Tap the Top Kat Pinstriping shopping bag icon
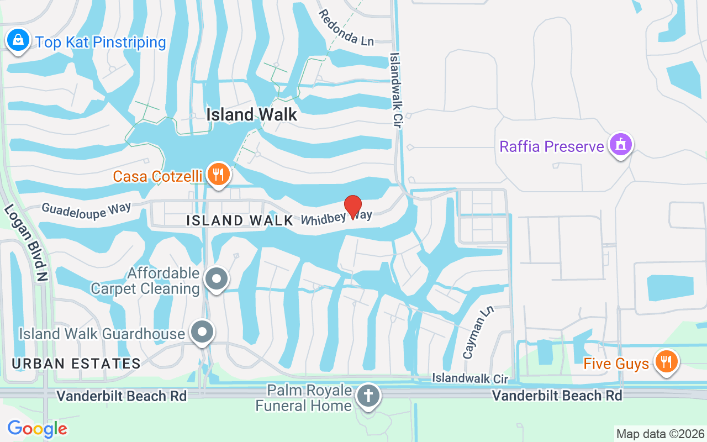tap(18, 40)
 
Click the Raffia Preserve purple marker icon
tap(620, 145)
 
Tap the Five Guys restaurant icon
tap(667, 362)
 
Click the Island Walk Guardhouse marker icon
tap(202, 333)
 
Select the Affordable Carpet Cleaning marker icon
tap(217, 279)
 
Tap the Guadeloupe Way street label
tap(86, 210)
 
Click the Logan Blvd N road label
tap(25, 243)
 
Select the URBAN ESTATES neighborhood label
tap(76, 364)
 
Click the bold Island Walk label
tap(252, 114)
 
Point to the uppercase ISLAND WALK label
tap(240, 220)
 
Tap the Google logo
tap(37, 429)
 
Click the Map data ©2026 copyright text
tap(660, 434)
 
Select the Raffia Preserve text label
tap(552, 146)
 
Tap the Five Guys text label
tap(616, 364)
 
